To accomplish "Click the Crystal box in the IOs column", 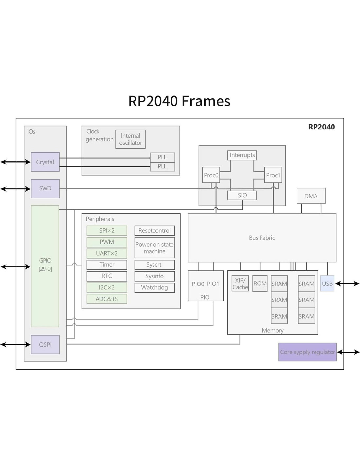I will pyautogui.click(x=45, y=162).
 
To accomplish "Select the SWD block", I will pyautogui.click(x=45, y=188).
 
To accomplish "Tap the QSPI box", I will pyautogui.click(x=45, y=344).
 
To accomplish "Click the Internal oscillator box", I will pyautogui.click(x=130, y=139).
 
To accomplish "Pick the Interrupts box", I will pyautogui.click(x=242, y=155).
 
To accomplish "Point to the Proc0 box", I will pyautogui.click(x=211, y=175).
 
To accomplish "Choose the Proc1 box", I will pyautogui.click(x=273, y=175).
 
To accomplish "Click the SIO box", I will pyautogui.click(x=242, y=195).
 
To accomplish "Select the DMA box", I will pyautogui.click(x=311, y=196).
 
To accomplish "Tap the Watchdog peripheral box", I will pyautogui.click(x=154, y=287).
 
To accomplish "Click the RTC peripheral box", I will pyautogui.click(x=107, y=276).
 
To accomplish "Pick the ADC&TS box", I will pyautogui.click(x=107, y=299).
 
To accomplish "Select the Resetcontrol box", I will pyautogui.click(x=154, y=231).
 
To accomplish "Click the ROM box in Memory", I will pyautogui.click(x=260, y=284).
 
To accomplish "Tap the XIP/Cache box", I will pyautogui.click(x=240, y=284).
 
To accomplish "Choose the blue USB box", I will pyautogui.click(x=327, y=284).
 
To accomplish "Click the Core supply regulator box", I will pyautogui.click(x=307, y=352).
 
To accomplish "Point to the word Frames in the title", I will pyautogui.click(x=206, y=101).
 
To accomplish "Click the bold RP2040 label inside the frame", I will pyautogui.click(x=321, y=127).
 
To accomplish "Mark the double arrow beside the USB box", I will pyautogui.click(x=348, y=284).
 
